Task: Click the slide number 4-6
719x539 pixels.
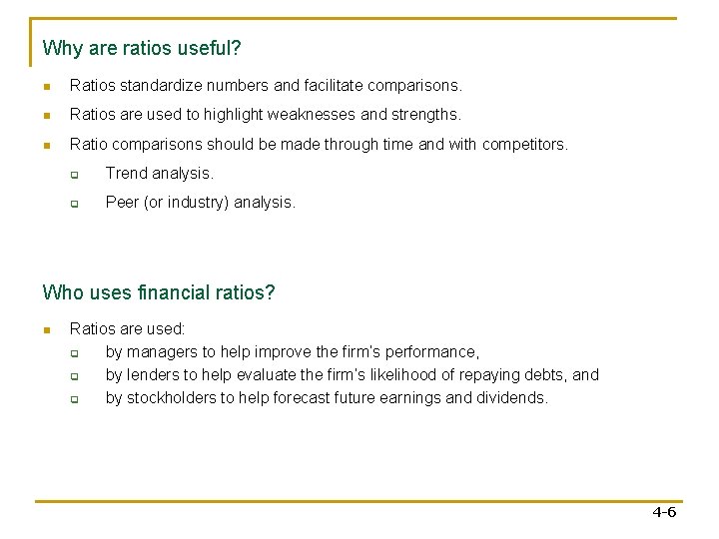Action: click(664, 512)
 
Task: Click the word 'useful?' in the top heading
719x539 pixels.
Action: click(211, 48)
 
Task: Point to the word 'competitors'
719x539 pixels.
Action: click(523, 145)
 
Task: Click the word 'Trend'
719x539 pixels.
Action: click(126, 174)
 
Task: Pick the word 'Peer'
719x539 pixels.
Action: click(122, 203)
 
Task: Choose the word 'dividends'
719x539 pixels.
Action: click(513, 398)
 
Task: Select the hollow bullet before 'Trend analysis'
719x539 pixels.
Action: click(74, 174)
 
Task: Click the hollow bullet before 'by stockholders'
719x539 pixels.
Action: click(74, 398)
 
